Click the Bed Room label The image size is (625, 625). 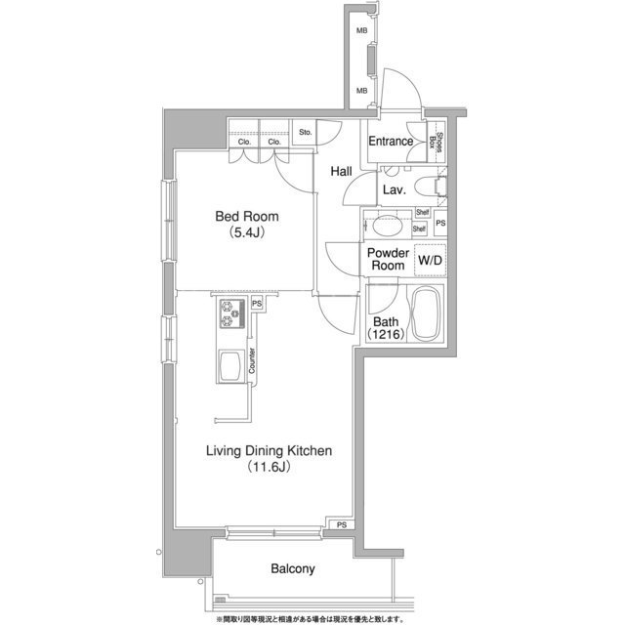(x=247, y=217)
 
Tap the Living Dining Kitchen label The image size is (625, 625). (x=270, y=451)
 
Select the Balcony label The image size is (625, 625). (x=293, y=568)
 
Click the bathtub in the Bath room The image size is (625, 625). (x=427, y=314)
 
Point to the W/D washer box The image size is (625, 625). (x=430, y=261)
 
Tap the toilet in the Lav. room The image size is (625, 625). (x=430, y=187)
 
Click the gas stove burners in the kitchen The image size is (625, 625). (x=232, y=313)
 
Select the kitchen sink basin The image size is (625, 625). (x=231, y=366)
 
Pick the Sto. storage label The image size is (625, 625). (x=306, y=133)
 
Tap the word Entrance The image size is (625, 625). (x=391, y=141)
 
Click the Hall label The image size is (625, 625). (x=341, y=172)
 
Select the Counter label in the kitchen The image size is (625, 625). (x=252, y=360)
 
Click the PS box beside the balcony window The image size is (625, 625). (x=341, y=525)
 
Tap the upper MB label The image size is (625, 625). (x=362, y=30)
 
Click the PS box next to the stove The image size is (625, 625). (x=257, y=304)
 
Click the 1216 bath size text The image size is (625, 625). (x=386, y=334)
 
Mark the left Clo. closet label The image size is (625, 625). (x=244, y=142)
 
